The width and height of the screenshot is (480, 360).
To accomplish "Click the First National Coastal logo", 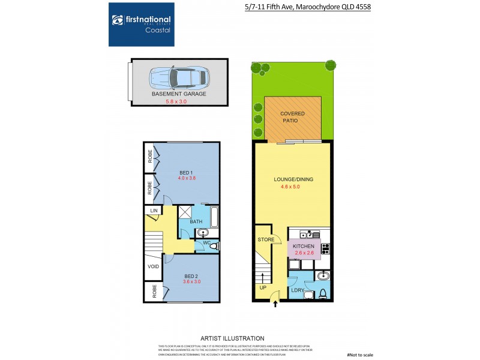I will [141, 24].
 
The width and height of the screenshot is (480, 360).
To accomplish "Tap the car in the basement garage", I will [178, 77].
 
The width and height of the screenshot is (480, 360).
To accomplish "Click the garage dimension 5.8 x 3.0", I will [178, 101].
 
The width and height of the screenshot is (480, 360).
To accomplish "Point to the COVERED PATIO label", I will [293, 117].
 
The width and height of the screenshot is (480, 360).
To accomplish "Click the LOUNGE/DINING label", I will [293, 179].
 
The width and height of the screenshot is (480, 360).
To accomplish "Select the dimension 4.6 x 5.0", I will [293, 187].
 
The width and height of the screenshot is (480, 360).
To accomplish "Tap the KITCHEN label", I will [303, 246].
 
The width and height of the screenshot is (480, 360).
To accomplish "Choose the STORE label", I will [266, 239].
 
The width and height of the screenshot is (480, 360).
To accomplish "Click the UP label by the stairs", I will [263, 287].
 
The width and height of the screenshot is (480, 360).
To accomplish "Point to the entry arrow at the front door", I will [275, 304].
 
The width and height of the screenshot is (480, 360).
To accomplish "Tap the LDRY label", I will [298, 290].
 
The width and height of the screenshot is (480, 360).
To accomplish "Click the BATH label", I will [196, 222].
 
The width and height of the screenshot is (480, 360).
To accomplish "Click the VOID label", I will [154, 266].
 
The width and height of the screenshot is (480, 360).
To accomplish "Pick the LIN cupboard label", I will [154, 211].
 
